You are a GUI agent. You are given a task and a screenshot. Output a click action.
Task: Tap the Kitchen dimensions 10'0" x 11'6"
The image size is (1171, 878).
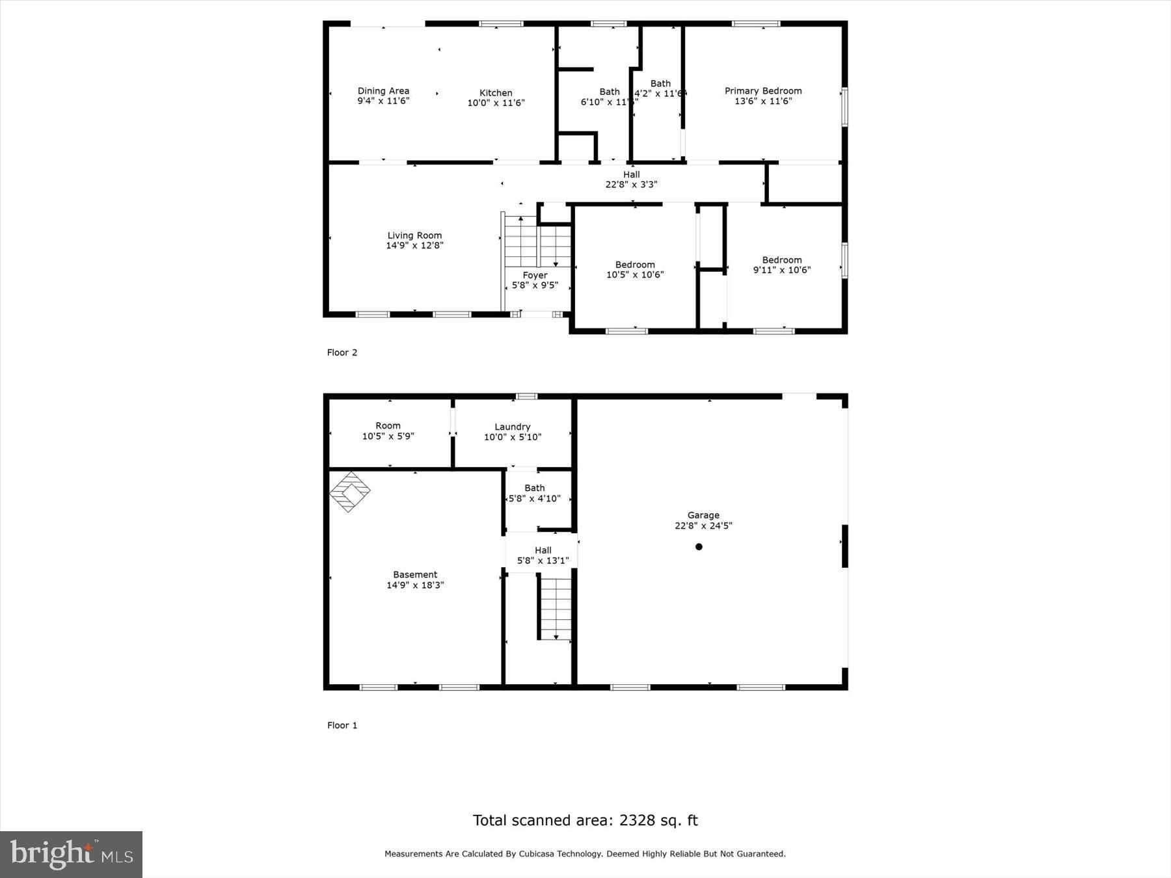(496, 103)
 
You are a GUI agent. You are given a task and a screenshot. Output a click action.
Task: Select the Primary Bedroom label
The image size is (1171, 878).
(763, 91)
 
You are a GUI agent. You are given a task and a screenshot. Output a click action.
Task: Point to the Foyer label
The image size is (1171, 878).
(535, 275)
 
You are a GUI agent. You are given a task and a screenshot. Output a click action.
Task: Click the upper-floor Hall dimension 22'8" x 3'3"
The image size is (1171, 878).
(631, 185)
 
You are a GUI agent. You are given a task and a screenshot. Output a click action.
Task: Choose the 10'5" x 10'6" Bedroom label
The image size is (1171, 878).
(635, 269)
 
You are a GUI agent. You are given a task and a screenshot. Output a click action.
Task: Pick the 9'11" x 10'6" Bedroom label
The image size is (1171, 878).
(782, 265)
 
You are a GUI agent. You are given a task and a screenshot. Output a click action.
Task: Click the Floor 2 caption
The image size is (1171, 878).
(342, 353)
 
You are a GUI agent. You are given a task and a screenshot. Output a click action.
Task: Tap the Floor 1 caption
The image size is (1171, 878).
(342, 725)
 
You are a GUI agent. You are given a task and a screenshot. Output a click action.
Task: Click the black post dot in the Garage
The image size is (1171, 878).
(699, 547)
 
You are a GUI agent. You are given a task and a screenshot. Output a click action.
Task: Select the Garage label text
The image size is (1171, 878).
(703, 515)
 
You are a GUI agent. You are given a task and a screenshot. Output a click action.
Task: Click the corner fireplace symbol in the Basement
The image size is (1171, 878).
(349, 492)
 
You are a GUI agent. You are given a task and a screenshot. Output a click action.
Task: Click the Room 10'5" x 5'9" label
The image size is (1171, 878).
(388, 431)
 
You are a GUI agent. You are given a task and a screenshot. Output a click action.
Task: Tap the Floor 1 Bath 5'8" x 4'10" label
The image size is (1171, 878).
(534, 493)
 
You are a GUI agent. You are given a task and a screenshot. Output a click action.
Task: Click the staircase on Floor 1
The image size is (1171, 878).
(556, 607)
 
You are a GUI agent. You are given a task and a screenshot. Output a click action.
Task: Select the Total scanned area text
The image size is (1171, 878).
(585, 820)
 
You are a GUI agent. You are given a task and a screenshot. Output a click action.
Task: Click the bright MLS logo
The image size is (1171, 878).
(71, 854)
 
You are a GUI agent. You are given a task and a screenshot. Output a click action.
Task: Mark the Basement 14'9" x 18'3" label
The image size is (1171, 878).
(415, 579)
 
